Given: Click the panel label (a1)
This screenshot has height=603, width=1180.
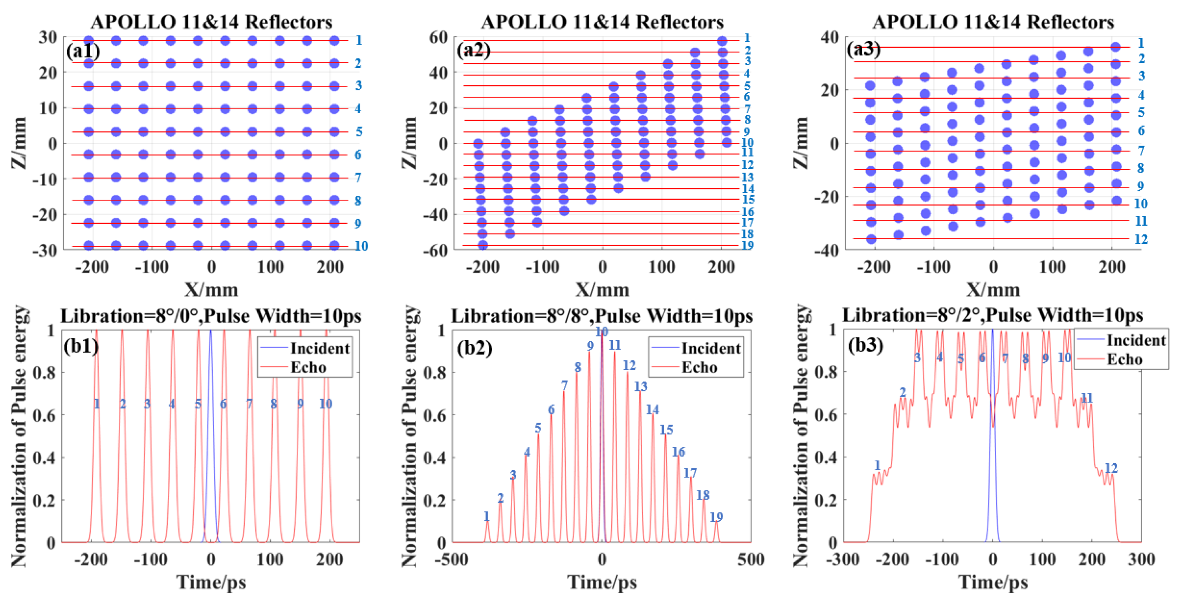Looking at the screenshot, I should point(83,51).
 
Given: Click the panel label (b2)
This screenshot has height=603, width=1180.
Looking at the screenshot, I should point(474,348).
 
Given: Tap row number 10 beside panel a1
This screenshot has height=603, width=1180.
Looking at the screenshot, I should point(361,246).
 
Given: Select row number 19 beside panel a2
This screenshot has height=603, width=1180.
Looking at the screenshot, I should point(747,245).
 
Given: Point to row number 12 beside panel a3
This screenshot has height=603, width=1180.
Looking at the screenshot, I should point(1141,239).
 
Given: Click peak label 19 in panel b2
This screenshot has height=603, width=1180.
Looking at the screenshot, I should point(716,517).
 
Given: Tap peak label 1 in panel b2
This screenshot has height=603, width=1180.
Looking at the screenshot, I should point(487,517).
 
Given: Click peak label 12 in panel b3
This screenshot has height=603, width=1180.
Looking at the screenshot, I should point(1111,468).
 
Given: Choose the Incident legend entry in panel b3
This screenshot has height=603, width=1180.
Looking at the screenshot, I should point(1136,341).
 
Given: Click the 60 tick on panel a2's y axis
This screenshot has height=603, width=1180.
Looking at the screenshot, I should point(438,37).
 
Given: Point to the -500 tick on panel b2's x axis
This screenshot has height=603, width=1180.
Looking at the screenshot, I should point(453,560).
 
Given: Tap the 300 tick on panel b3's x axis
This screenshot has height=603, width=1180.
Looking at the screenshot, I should point(1141,560).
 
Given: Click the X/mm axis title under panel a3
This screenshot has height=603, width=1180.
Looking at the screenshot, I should point(993,290).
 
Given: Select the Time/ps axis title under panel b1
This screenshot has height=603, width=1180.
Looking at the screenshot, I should point(211,582).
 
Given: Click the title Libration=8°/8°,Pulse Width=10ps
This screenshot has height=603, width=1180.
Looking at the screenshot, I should point(601,316).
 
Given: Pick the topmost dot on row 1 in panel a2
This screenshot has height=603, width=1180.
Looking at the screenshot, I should point(722,41).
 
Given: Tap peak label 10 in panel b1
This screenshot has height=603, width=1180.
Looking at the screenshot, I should point(325,404).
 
